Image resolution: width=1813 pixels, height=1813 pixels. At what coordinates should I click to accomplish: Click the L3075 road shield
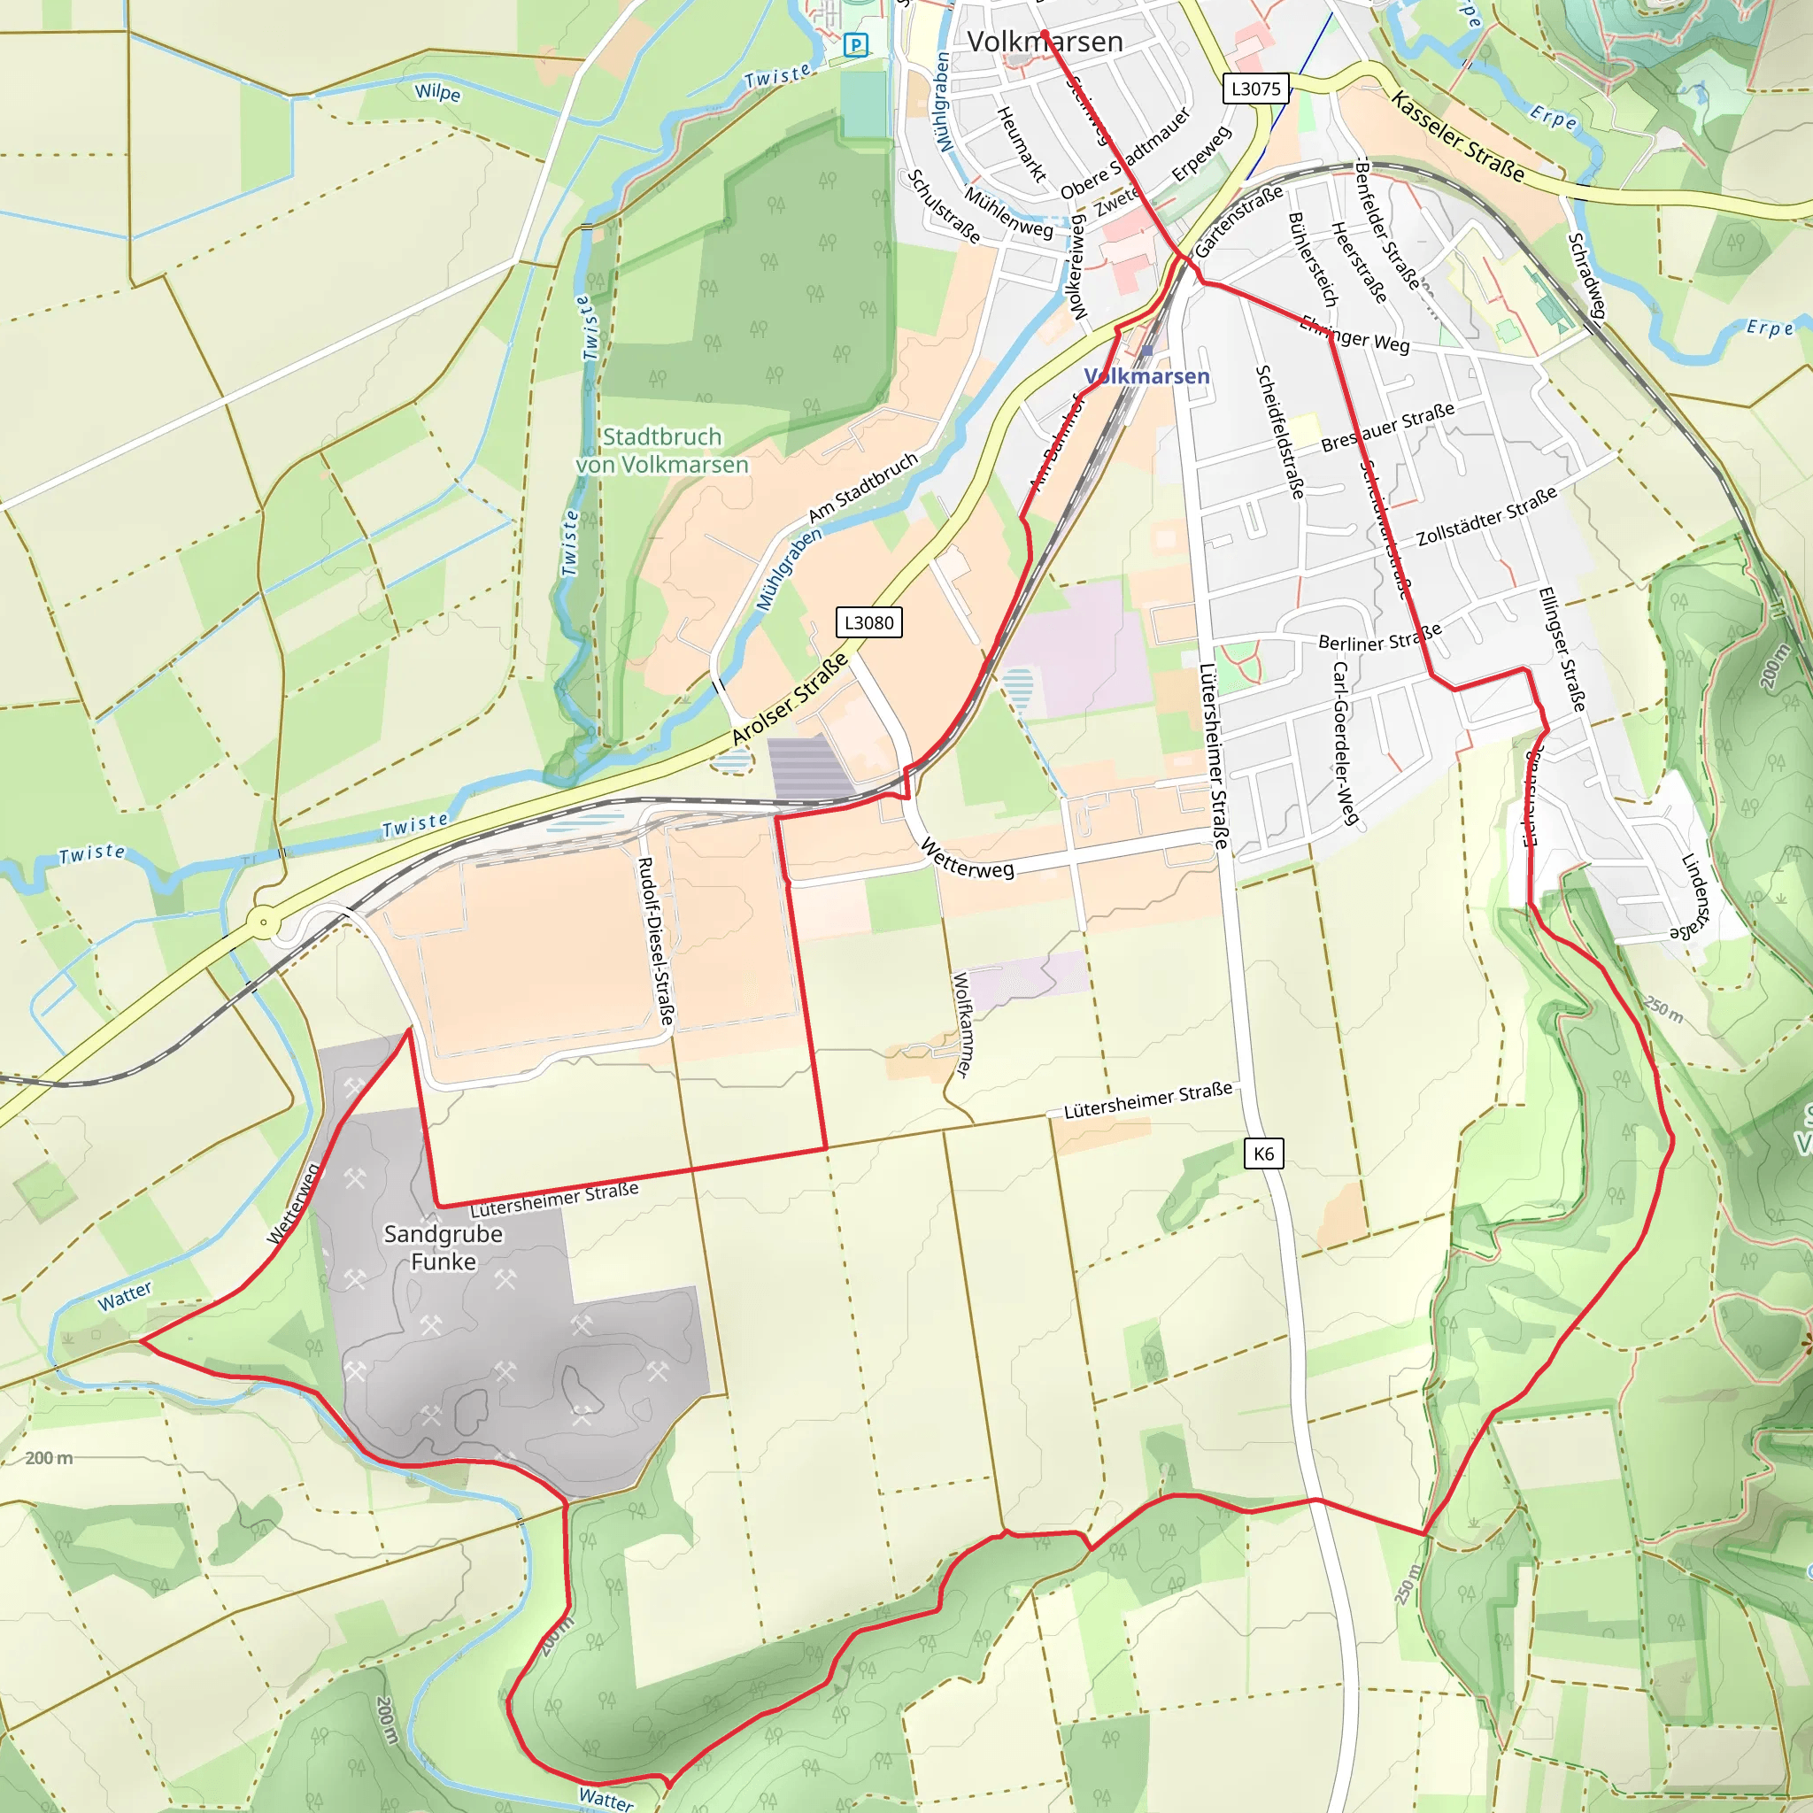pos(1255,89)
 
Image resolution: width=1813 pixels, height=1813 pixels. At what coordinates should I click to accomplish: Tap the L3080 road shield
pos(868,622)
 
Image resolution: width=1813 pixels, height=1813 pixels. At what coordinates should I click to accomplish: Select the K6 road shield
pos(1263,1153)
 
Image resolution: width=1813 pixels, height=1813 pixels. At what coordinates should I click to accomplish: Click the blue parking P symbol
pos(856,44)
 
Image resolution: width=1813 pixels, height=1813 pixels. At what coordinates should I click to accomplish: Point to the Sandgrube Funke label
pos(443,1247)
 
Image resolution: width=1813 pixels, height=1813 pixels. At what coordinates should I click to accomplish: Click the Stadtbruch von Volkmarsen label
pos(661,451)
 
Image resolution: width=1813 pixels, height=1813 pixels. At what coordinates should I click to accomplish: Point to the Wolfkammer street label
pos(963,1025)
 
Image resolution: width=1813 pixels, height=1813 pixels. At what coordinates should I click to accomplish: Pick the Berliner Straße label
pos(1379,637)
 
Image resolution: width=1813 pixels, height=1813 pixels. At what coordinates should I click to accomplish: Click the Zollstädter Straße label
pos(1486,516)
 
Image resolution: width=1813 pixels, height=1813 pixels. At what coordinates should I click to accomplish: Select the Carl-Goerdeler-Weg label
pos(1346,744)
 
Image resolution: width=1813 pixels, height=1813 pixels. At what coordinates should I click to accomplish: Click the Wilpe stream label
pos(437,92)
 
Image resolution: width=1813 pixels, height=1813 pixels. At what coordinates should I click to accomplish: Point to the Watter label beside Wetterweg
pos(124,1296)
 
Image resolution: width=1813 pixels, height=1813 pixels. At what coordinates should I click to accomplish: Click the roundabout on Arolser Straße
pos(264,922)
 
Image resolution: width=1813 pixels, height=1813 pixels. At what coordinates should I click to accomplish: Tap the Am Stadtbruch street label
pos(862,487)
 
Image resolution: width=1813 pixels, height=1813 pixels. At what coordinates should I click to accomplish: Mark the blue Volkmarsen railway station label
pos(1146,376)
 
